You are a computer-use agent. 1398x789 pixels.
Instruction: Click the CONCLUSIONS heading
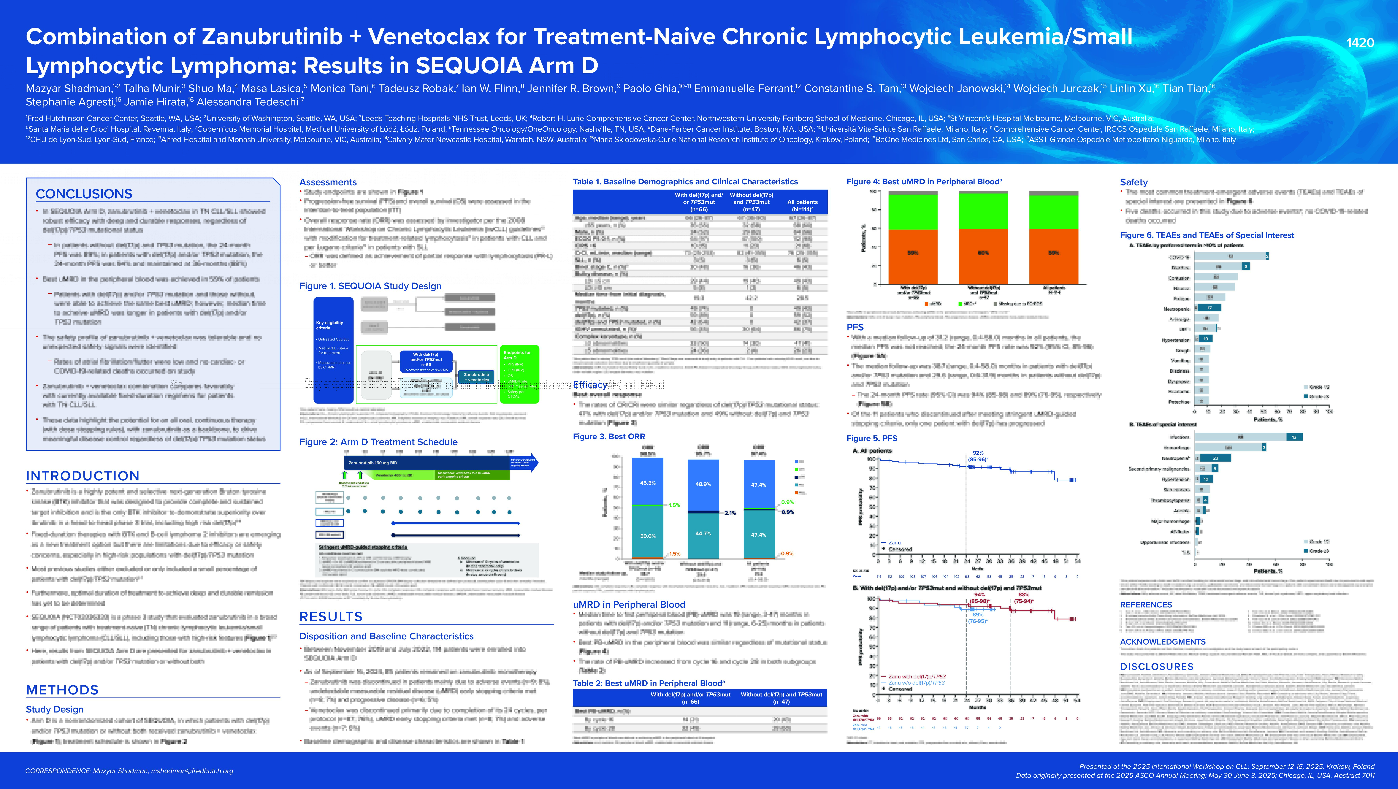(x=84, y=194)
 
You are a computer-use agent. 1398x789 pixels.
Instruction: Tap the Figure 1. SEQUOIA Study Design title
(x=370, y=286)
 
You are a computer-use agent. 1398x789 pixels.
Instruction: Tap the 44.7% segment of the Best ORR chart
(x=703, y=533)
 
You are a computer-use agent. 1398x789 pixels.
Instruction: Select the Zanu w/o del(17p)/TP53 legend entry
(x=916, y=683)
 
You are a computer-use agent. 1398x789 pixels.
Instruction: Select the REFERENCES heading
(x=1146, y=604)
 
